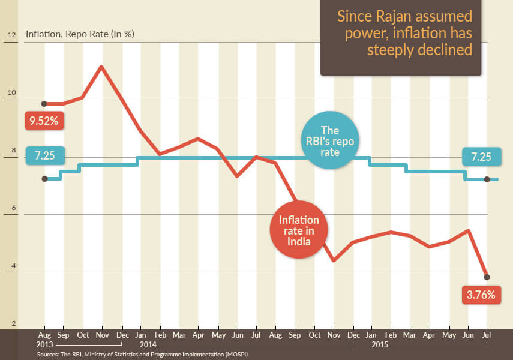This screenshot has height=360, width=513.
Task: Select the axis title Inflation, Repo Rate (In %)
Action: coord(79,34)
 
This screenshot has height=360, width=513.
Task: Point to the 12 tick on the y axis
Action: coord(11,34)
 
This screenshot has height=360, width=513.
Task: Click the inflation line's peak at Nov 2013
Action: coord(101,66)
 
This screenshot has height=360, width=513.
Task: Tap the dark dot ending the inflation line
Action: coord(487,277)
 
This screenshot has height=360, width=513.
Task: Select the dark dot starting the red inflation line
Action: coord(44,104)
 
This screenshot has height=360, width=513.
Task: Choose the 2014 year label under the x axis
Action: coord(148,346)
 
